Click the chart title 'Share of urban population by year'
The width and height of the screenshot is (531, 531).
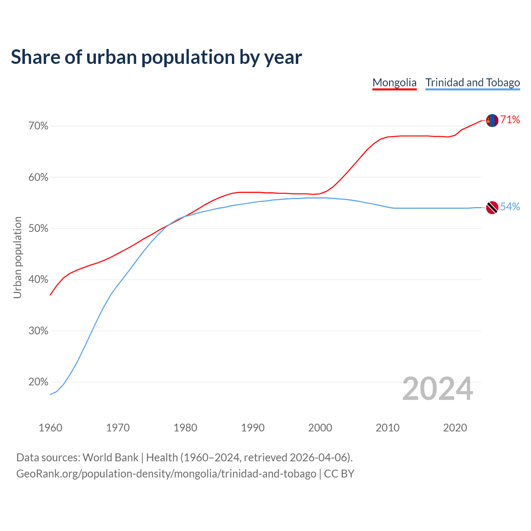[156, 57]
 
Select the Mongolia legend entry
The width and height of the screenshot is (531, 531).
[394, 83]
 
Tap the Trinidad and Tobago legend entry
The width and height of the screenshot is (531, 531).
[473, 83]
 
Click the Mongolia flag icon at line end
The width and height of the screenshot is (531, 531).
[492, 120]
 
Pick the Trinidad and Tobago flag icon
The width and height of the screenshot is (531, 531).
[492, 207]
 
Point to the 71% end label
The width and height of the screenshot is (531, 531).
[510, 120]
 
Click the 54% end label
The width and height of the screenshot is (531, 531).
[510, 207]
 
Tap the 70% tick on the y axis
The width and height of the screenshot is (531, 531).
[39, 126]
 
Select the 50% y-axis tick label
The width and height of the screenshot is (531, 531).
[39, 229]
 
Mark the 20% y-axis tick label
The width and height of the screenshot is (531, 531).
[39, 382]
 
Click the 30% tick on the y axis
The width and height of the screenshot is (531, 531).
[39, 331]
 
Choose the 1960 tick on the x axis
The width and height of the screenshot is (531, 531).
[51, 428]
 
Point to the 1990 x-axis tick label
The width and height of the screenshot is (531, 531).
[253, 428]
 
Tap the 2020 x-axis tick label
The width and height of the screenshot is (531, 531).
[455, 428]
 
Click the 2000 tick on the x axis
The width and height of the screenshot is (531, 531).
[320, 428]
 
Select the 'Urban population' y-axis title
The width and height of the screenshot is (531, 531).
[17, 257]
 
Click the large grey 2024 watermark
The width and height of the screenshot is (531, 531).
[438, 389]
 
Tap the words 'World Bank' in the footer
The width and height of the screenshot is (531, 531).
[110, 458]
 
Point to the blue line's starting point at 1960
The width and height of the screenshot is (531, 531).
[51, 394]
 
